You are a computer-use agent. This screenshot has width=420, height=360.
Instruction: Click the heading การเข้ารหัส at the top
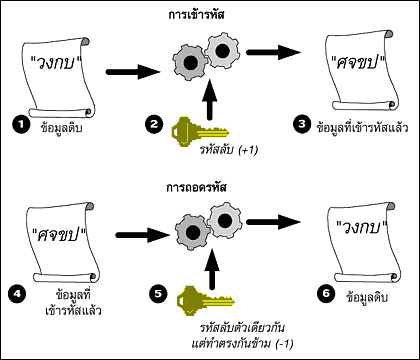click(210, 14)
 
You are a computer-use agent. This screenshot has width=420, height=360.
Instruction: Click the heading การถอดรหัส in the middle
click(210, 185)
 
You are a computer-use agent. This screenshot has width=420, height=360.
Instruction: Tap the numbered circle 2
click(155, 125)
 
